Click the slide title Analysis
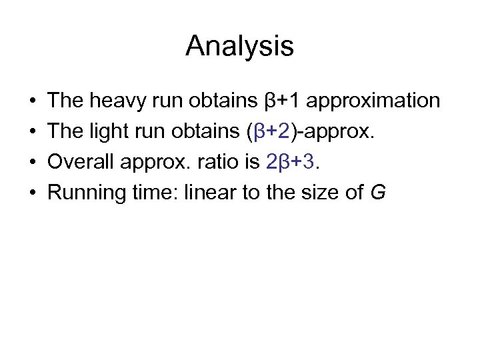[240, 46]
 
